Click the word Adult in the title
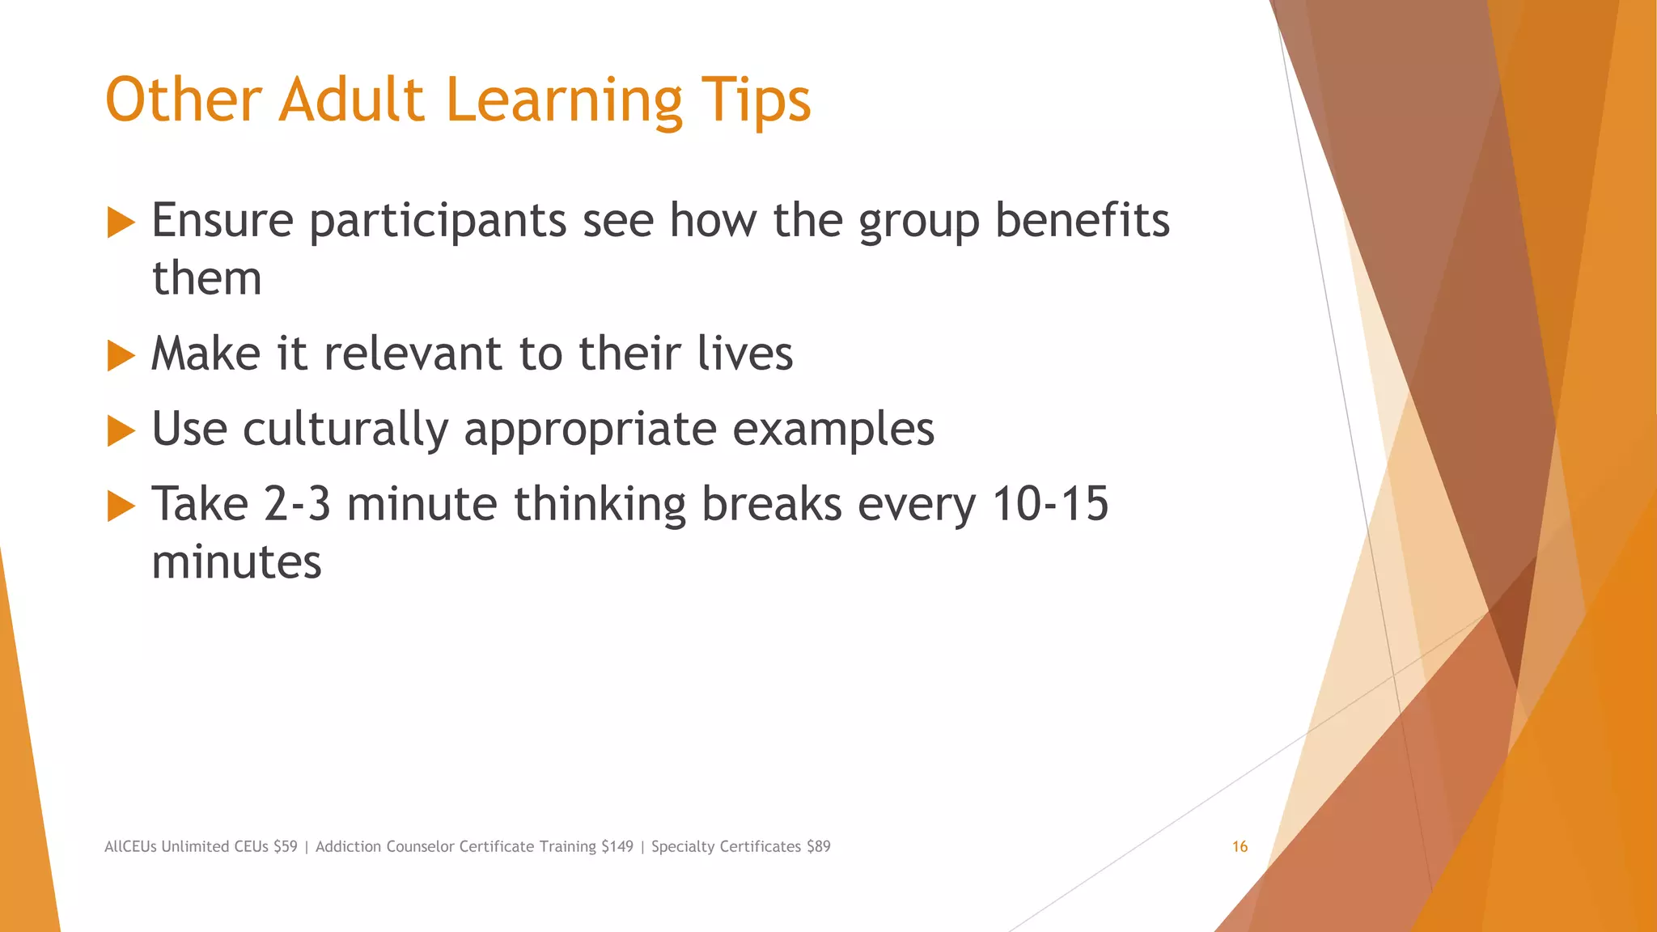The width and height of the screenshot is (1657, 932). tap(351, 101)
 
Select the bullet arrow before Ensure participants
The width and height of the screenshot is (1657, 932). tap(121, 222)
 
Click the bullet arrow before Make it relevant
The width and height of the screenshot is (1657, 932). tap(121, 355)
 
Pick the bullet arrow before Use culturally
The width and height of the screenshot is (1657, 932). tap(121, 430)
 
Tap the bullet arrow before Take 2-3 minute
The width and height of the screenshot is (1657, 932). tap(121, 506)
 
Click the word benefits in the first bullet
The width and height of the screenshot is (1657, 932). tap(1082, 220)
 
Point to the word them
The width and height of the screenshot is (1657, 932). tap(207, 279)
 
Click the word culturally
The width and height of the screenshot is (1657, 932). tap(345, 430)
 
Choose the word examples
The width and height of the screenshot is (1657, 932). tap(833, 430)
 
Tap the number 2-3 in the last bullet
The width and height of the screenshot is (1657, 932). tap(297, 504)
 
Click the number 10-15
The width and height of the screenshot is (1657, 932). tap(1049, 504)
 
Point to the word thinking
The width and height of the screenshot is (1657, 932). tap(600, 506)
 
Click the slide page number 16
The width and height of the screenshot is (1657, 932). tap(1240, 847)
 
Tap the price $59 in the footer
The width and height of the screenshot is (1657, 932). tap(286, 847)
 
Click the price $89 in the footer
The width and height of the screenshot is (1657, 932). tap(818, 847)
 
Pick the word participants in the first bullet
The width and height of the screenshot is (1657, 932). tap(438, 222)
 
